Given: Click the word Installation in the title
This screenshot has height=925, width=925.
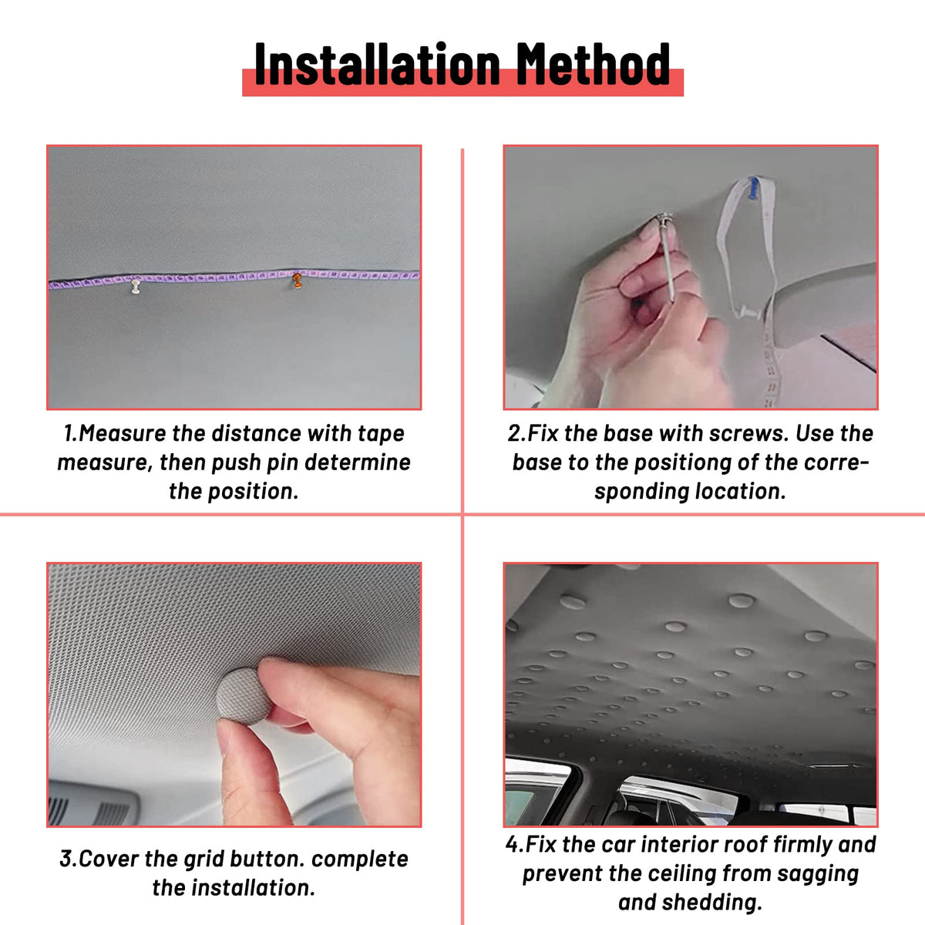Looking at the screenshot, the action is tap(377, 64).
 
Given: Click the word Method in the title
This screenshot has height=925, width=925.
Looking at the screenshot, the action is tap(593, 64).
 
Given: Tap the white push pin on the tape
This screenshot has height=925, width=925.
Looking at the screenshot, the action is tap(136, 286).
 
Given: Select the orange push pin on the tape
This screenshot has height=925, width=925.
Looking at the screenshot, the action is tap(298, 281).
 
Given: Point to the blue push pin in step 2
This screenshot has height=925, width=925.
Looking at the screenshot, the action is tap(754, 187).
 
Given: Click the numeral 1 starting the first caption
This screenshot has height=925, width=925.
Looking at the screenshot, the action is tap(68, 433).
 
